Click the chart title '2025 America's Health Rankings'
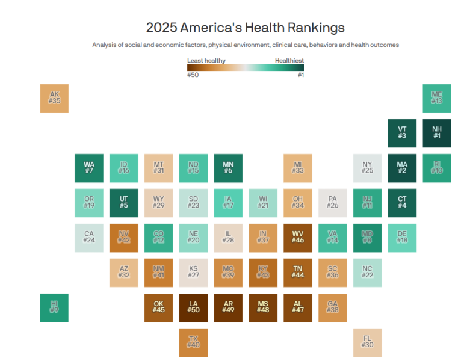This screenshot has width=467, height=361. (245, 28)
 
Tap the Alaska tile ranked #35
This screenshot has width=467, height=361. (54, 98)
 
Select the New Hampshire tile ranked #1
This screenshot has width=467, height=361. (437, 133)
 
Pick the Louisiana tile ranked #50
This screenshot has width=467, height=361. (193, 307)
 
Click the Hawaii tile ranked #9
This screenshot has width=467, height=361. (54, 307)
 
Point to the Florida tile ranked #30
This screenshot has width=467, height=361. (367, 342)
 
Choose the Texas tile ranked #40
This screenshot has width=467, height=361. (193, 342)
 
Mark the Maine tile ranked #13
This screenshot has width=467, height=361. (437, 98)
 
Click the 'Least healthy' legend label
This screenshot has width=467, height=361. (206, 60)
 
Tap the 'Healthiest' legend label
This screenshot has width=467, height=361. (289, 60)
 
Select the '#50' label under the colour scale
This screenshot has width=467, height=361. (193, 75)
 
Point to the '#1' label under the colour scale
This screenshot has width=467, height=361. (300, 75)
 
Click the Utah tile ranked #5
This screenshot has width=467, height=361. (123, 203)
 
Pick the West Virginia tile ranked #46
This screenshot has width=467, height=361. (298, 238)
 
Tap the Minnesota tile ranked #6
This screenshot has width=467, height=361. (228, 168)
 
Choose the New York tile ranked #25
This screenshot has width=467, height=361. (367, 168)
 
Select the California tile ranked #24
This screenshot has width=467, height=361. (89, 238)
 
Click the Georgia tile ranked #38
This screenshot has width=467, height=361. (332, 307)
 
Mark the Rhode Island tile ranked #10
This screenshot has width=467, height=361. (437, 168)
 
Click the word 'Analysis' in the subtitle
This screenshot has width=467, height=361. (105, 45)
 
